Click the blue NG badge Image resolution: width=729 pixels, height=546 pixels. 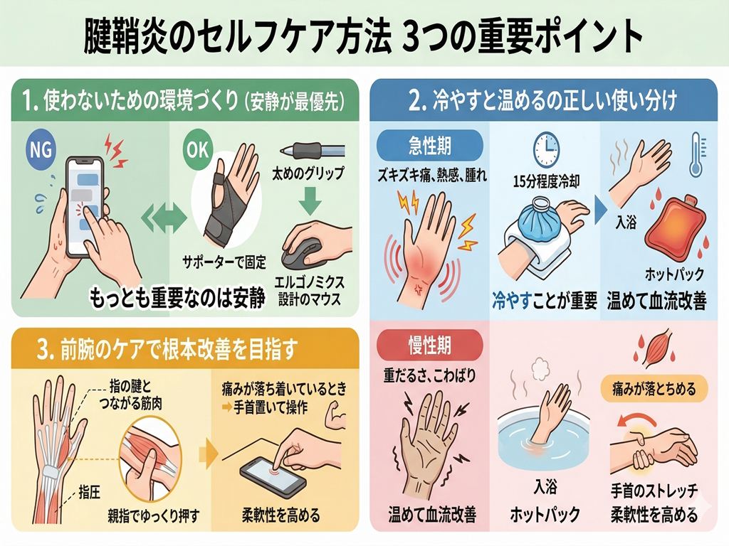coord(41,149)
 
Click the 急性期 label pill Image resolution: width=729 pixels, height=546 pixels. coord(429,145)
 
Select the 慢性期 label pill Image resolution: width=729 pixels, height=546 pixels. coord(429,346)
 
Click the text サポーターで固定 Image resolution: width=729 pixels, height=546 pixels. coord(224,262)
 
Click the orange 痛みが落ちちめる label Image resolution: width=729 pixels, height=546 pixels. coord(654,388)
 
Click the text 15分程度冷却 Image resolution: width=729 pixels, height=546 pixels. coord(546,181)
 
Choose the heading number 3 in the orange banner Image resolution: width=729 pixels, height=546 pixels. coord(43,350)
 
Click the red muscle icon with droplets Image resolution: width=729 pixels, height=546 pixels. coord(653,348)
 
